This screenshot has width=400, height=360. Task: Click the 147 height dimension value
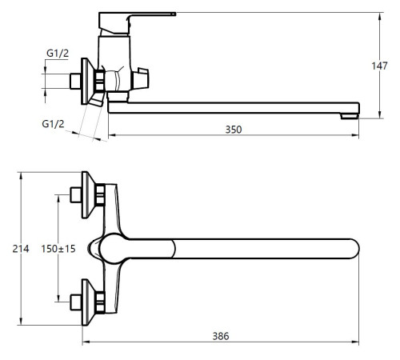click(379, 66)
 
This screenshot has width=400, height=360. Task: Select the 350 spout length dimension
click(234, 130)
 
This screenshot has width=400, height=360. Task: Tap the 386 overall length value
click(221, 336)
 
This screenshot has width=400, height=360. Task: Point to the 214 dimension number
click(21, 249)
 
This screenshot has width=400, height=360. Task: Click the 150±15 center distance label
click(58, 249)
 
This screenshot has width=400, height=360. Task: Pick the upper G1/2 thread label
click(58, 54)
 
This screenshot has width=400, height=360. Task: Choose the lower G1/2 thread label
click(53, 124)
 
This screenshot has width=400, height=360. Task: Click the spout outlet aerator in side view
click(350, 116)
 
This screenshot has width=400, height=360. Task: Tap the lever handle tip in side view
click(174, 14)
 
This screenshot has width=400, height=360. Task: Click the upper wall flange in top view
click(87, 195)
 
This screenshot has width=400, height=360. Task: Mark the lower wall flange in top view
click(87, 302)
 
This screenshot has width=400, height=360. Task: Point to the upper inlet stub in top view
click(75, 195)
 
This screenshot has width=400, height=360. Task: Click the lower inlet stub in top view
click(75, 302)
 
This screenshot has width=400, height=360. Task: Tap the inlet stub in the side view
click(75, 82)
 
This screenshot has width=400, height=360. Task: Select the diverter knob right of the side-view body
click(141, 78)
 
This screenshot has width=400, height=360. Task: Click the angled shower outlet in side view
click(98, 100)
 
